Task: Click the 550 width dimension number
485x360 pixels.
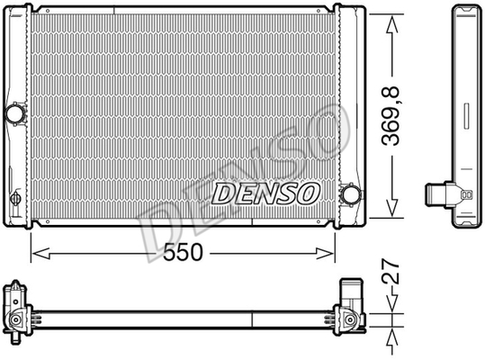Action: point(183,252)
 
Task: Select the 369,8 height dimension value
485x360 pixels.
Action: point(391,117)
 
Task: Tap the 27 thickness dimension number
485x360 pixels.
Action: point(391,272)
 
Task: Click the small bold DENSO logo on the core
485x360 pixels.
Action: point(265,193)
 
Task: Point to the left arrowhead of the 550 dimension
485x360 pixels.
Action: point(40,253)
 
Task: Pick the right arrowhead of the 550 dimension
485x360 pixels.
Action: point(325,253)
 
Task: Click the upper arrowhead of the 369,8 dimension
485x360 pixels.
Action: point(392,24)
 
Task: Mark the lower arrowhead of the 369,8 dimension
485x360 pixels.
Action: point(392,208)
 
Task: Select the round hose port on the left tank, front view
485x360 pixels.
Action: point(14,113)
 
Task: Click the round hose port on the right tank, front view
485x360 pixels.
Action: point(351,194)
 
